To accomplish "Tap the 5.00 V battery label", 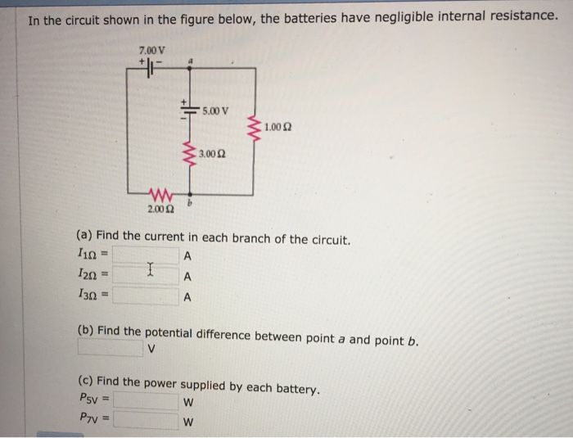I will tap(216, 110).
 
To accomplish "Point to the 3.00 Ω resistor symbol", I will tap(190, 153).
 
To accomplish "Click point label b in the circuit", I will tap(190, 205).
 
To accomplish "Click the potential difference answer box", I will tap(111, 349).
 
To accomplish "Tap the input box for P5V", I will tap(147, 401).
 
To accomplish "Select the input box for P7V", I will tap(147, 422).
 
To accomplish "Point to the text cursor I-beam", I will tap(149, 269).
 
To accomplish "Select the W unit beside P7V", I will tap(188, 422).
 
